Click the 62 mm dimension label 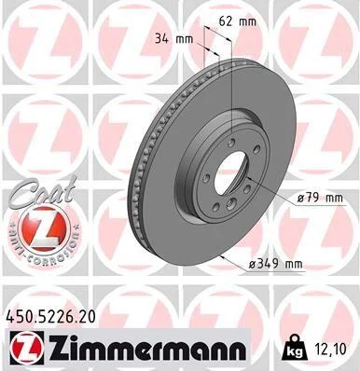tap(238, 21)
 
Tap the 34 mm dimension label tap(174, 39)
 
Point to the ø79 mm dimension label tap(319, 198)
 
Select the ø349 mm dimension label tap(275, 264)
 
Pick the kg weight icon tap(294, 349)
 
